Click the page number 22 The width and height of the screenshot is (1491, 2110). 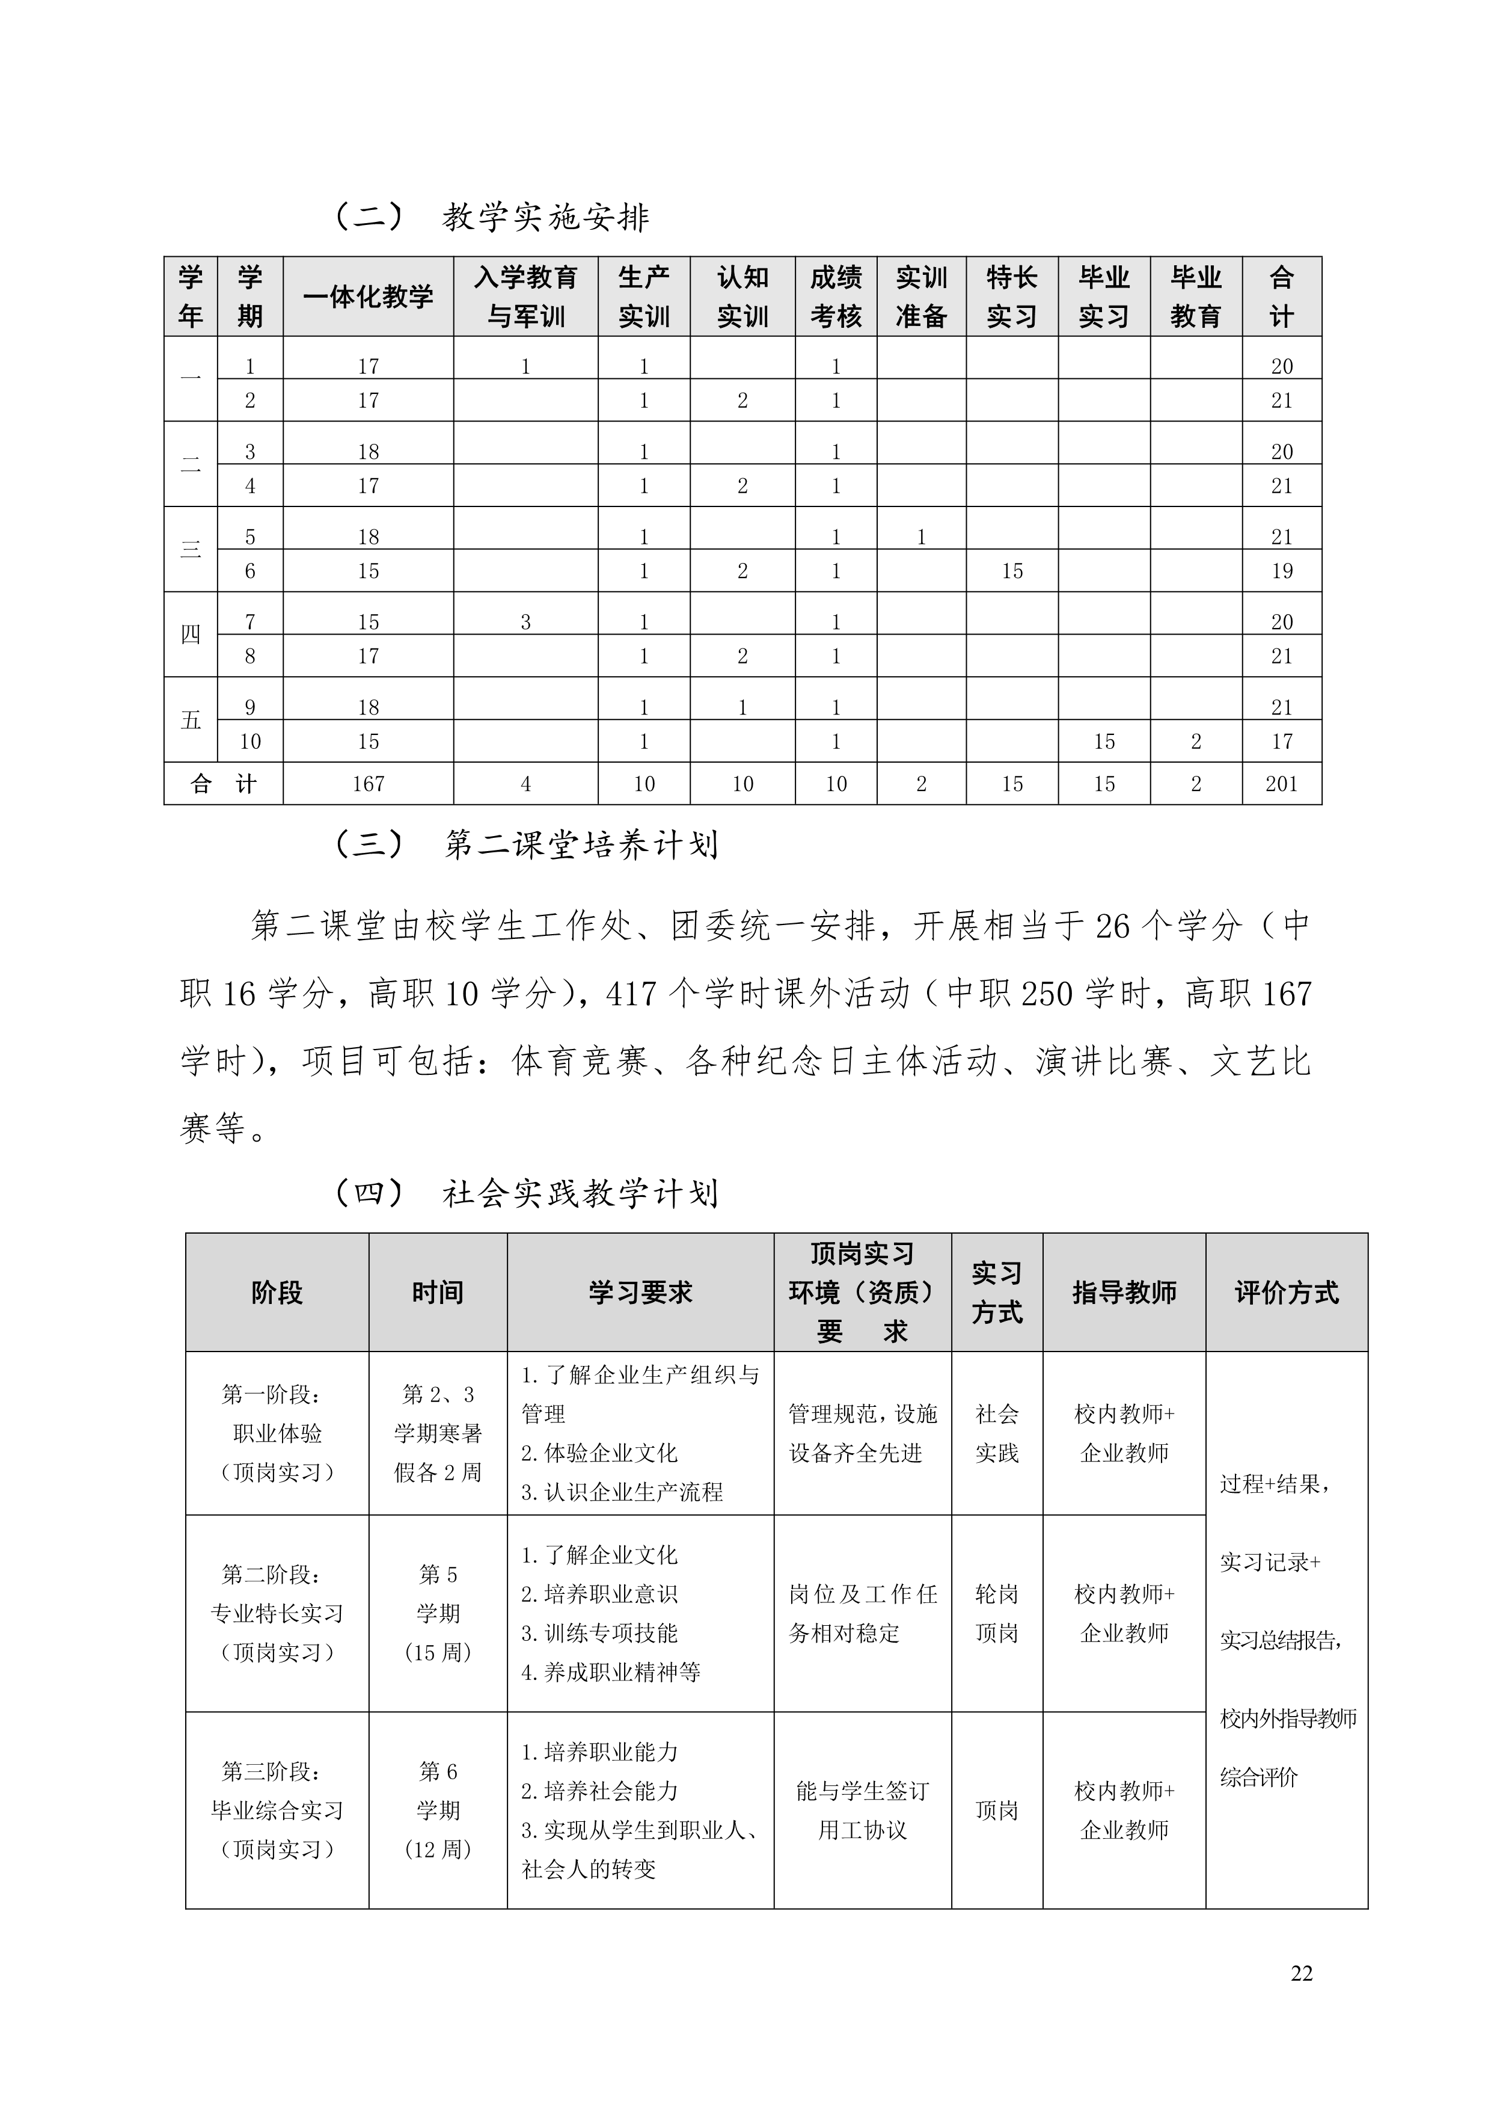click(x=1301, y=1973)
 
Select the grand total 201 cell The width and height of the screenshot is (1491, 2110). click(x=1282, y=784)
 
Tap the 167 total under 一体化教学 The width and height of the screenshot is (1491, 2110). click(x=369, y=784)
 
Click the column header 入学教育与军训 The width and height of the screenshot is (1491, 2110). click(x=525, y=296)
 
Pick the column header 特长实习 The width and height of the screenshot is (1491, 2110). click(x=1011, y=296)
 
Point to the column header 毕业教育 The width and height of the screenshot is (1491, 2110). click(x=1195, y=296)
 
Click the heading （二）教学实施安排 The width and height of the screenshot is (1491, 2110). click(x=491, y=217)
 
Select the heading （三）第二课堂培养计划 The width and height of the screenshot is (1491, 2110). click(x=525, y=844)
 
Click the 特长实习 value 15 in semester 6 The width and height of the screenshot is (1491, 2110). click(x=1011, y=571)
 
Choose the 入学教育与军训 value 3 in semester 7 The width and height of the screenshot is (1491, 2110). click(x=525, y=622)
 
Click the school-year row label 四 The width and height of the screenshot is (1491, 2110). click(x=190, y=634)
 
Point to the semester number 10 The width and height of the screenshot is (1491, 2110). click(x=250, y=742)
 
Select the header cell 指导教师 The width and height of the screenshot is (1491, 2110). click(x=1124, y=1292)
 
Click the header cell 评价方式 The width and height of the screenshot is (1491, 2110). click(x=1286, y=1292)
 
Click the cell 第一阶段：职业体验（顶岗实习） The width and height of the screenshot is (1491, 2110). click(x=277, y=1433)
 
